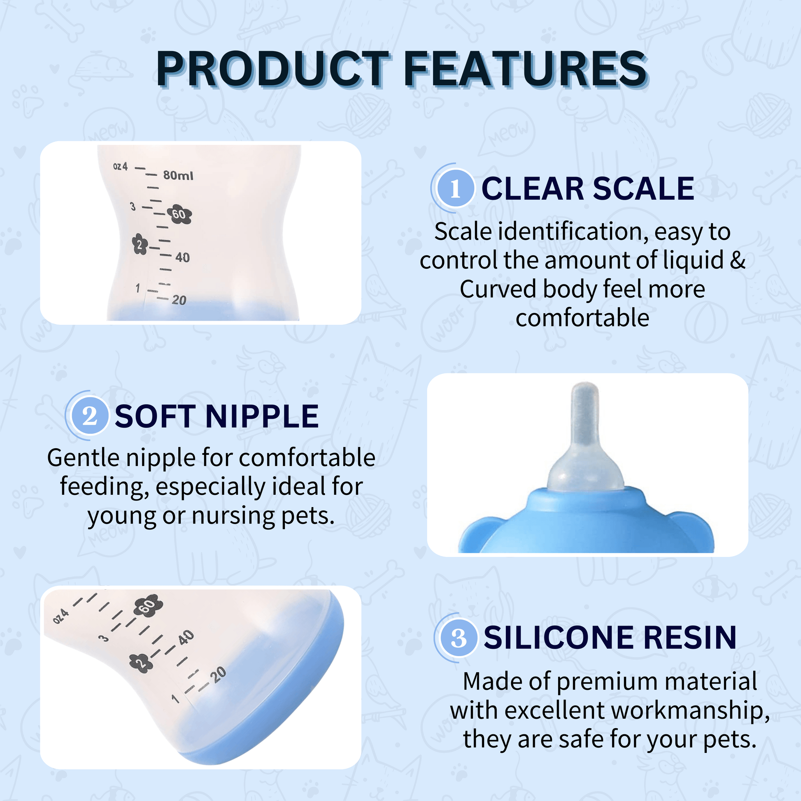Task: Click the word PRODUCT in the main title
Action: [273, 69]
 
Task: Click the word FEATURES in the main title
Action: [526, 69]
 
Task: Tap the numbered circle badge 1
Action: [455, 189]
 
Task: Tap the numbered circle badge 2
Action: [90, 416]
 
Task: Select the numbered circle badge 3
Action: [459, 638]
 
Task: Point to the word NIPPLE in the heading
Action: [262, 416]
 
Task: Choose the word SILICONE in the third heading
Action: [559, 638]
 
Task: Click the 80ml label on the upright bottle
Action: [178, 175]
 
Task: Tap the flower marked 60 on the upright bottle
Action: [179, 214]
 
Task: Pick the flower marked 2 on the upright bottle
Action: [140, 244]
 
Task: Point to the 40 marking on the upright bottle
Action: [182, 258]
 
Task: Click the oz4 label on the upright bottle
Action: [121, 167]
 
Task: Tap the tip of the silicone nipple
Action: [584, 384]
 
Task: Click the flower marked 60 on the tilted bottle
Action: [148, 607]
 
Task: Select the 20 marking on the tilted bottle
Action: [218, 675]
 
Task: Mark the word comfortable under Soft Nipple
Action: [307, 457]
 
